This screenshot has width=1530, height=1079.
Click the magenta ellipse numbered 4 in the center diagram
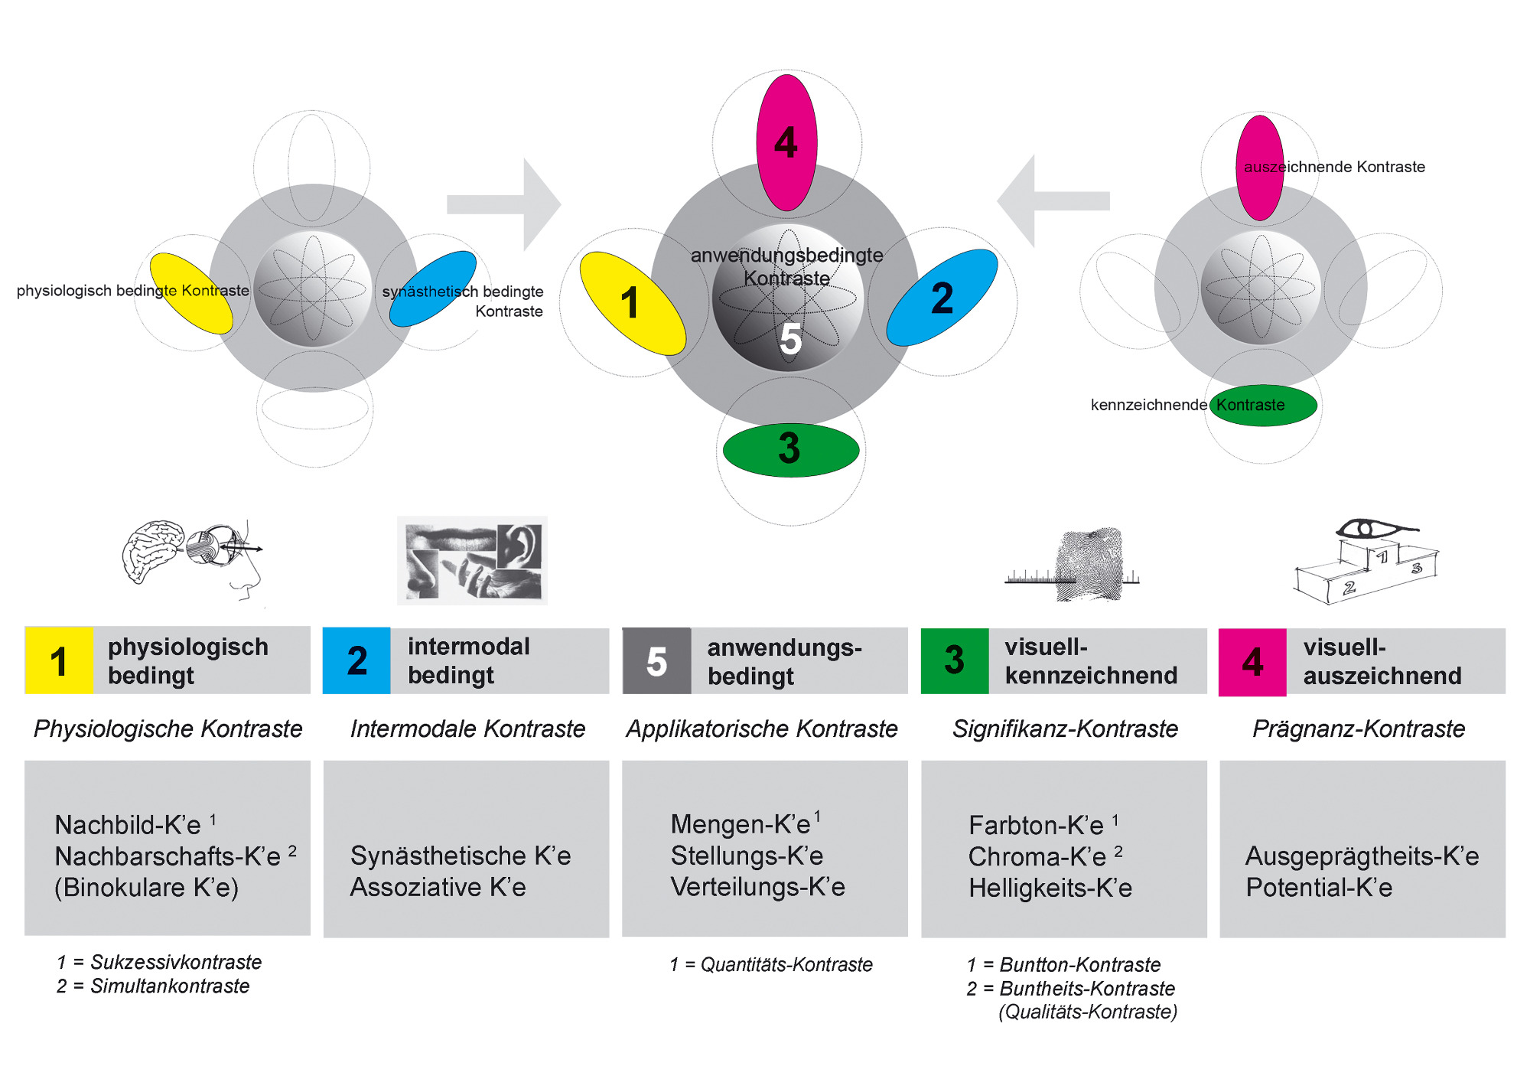(786, 142)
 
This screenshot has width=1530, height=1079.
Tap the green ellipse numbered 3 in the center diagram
(791, 450)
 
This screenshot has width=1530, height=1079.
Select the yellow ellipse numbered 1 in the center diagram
(633, 304)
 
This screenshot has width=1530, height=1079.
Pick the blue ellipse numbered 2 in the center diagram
(942, 297)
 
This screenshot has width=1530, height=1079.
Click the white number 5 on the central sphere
(790, 338)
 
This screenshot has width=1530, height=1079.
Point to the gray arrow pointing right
(504, 204)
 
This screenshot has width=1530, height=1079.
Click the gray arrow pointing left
(1053, 200)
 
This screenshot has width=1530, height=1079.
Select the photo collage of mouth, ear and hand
(472, 561)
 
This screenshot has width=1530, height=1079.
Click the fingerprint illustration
(1073, 565)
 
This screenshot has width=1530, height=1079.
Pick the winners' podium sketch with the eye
(1366, 562)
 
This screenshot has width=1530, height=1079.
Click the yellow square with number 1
(59, 660)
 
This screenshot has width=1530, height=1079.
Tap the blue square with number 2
(356, 660)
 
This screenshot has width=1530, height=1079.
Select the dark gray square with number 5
(656, 660)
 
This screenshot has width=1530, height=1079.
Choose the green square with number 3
(955, 660)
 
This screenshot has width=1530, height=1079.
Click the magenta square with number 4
(1252, 662)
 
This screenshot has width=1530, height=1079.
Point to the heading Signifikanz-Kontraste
(1065, 729)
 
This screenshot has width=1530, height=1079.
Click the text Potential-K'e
(1319, 888)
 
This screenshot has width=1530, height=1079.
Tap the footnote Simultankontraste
(170, 986)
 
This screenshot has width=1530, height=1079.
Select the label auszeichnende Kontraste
(1334, 167)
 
